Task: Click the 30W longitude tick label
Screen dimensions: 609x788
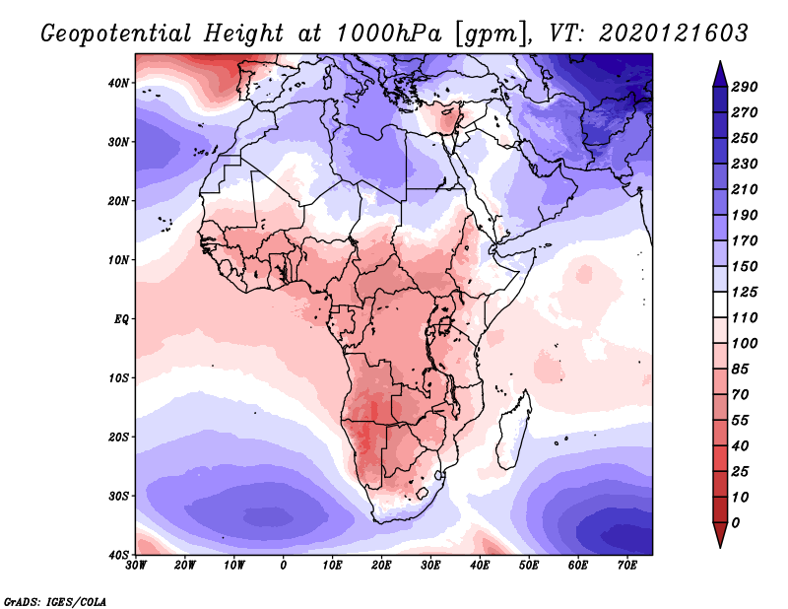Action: tap(137, 566)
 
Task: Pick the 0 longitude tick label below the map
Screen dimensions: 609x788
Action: tap(284, 566)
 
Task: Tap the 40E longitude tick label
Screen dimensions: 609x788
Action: tap(480, 566)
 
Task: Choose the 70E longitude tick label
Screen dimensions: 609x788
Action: tap(626, 566)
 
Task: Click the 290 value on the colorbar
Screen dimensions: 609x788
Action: tap(745, 88)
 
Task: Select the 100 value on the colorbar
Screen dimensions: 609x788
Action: tap(745, 342)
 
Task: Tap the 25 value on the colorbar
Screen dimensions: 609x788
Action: tap(745, 471)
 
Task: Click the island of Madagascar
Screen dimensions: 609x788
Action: tap(513, 432)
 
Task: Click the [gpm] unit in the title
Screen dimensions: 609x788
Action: tap(488, 33)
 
